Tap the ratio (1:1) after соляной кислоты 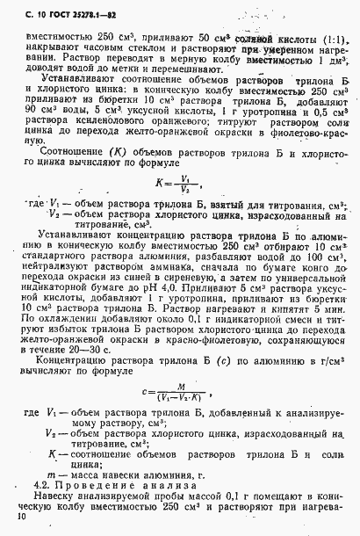[329, 39]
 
